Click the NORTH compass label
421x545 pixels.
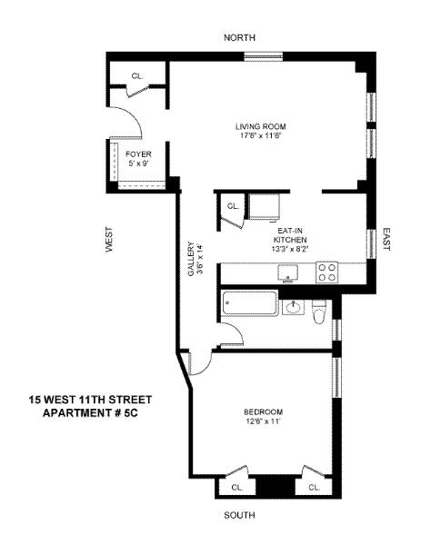[x=239, y=37]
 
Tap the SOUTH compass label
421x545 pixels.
[x=239, y=515]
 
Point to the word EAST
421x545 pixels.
[x=386, y=239]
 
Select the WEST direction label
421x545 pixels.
[x=109, y=240]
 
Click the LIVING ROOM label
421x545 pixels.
[x=261, y=126]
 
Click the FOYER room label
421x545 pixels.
[x=138, y=154]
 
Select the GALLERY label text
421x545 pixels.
[x=191, y=259]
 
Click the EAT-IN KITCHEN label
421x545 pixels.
[x=290, y=235]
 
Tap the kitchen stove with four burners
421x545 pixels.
[x=326, y=272]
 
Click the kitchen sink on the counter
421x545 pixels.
[x=287, y=272]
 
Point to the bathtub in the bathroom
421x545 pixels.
[x=250, y=303]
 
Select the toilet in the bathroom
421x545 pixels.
[x=319, y=312]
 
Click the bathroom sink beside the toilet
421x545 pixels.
[x=294, y=307]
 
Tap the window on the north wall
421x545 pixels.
[x=263, y=56]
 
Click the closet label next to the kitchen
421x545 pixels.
[x=233, y=206]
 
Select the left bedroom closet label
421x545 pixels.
[x=237, y=488]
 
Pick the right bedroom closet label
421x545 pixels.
[x=315, y=488]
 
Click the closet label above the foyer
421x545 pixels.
[x=137, y=75]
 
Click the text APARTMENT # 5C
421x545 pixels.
[x=90, y=413]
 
